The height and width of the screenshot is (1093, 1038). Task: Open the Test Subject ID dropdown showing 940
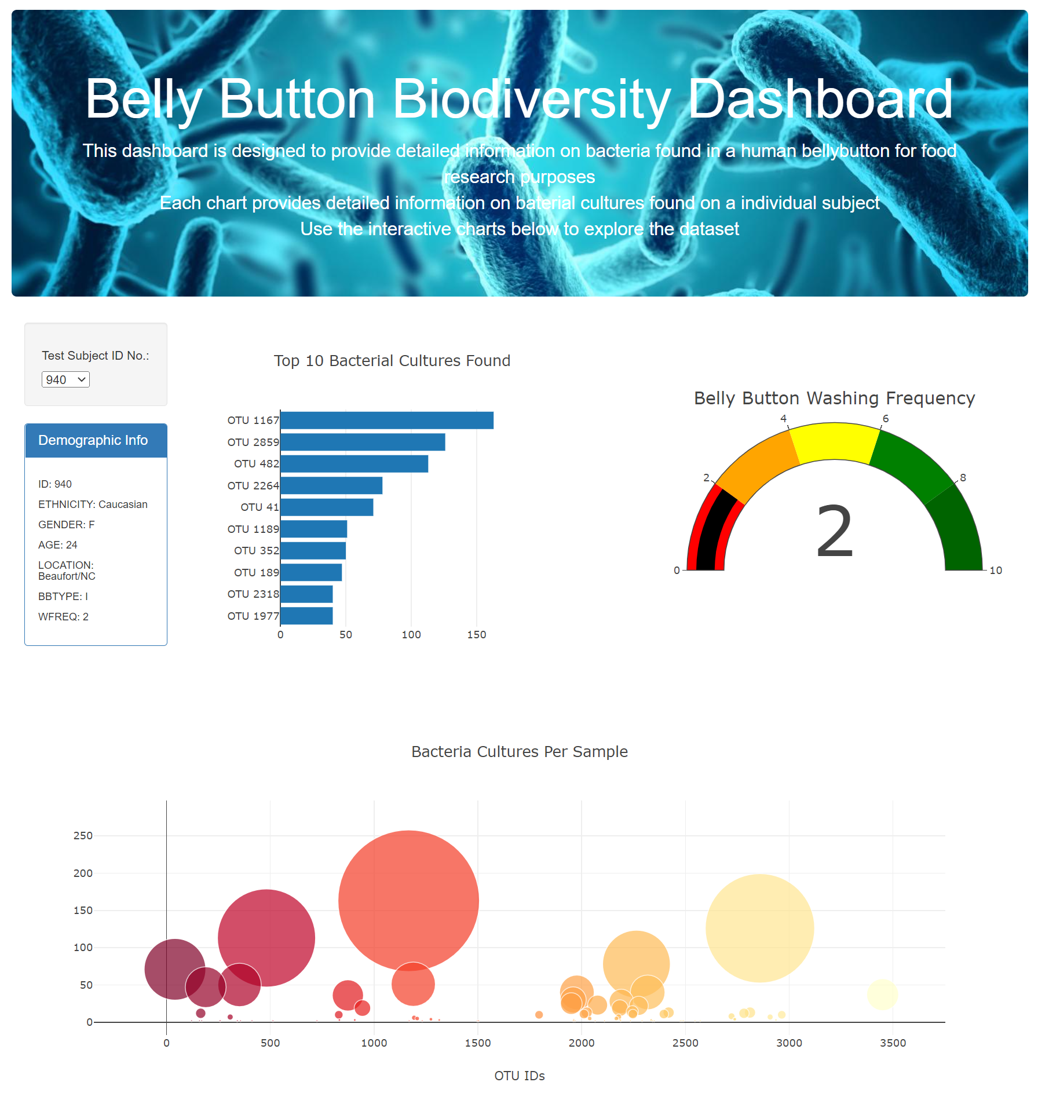[65, 379]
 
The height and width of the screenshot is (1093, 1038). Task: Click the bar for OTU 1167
[386, 421]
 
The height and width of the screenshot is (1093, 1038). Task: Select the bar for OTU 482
[354, 464]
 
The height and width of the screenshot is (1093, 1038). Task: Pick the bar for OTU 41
[327, 507]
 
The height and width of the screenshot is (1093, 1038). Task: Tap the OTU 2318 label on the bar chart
[253, 594]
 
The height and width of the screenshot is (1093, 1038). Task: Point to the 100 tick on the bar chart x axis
[411, 635]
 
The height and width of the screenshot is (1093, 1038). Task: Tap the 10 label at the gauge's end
[996, 571]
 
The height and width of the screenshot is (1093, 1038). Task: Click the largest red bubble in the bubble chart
[408, 900]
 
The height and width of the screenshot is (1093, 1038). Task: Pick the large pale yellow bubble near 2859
[759, 928]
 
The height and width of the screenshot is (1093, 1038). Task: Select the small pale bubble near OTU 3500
[882, 995]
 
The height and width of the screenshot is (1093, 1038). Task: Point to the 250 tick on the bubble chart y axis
[83, 836]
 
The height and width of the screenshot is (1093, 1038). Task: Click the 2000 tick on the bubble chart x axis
[582, 1043]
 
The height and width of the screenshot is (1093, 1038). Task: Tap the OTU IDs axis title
[520, 1076]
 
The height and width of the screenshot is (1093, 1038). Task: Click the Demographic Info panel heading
[93, 441]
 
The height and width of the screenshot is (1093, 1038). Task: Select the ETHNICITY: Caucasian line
[93, 505]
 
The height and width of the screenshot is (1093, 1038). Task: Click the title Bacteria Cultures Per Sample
[520, 752]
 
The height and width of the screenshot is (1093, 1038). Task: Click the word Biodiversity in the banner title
[531, 100]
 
